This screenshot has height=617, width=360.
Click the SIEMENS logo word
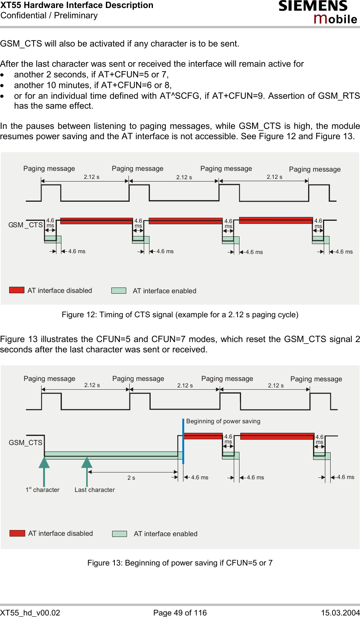(x=313, y=6)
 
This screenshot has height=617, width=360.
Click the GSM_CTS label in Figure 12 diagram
(x=26, y=225)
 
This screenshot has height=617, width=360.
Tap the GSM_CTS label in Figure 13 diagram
(x=26, y=443)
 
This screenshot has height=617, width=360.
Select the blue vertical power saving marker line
(x=183, y=441)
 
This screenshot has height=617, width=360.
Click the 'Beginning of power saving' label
(x=223, y=421)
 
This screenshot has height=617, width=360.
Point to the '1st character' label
(x=42, y=490)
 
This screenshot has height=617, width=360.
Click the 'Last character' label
(x=95, y=490)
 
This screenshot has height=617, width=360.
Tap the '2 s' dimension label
(x=131, y=478)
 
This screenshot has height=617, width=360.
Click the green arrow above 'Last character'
(x=87, y=463)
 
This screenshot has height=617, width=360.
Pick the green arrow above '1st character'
(x=44, y=463)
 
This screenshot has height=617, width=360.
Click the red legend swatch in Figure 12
(x=17, y=290)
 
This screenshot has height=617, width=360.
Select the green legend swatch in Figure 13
(x=119, y=534)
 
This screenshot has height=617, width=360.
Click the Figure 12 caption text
(x=180, y=315)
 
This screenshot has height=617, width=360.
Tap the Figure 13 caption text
(x=180, y=563)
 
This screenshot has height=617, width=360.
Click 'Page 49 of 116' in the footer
(x=180, y=613)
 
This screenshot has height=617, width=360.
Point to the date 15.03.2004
(x=340, y=613)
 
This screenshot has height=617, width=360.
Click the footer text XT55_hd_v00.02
(x=30, y=613)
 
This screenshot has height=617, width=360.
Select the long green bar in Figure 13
(x=113, y=455)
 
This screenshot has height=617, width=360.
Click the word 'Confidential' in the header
(x=23, y=16)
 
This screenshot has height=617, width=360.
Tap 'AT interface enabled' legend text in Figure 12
(x=164, y=291)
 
